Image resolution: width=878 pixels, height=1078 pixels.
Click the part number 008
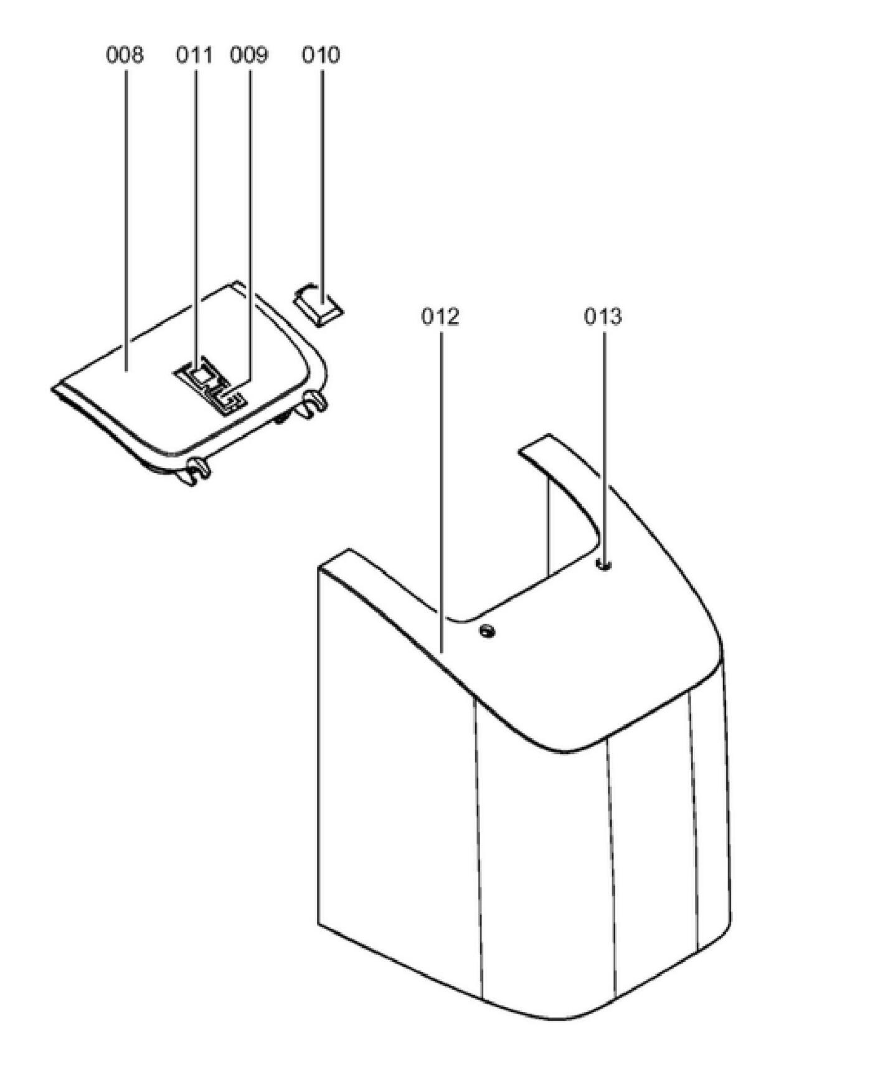(x=125, y=55)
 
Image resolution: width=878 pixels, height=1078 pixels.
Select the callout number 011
(x=194, y=55)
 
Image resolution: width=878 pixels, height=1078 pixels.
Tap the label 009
(x=249, y=55)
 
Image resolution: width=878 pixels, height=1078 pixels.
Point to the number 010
(x=321, y=55)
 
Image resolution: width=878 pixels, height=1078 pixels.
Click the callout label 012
(x=440, y=317)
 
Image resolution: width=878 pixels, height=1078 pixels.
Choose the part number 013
(x=603, y=317)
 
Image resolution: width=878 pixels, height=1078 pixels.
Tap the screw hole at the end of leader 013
(x=603, y=565)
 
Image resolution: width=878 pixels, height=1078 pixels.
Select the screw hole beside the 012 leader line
(x=486, y=632)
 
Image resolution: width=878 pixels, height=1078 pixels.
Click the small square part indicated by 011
(x=201, y=375)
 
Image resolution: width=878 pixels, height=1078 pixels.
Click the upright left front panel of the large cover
(x=399, y=810)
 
